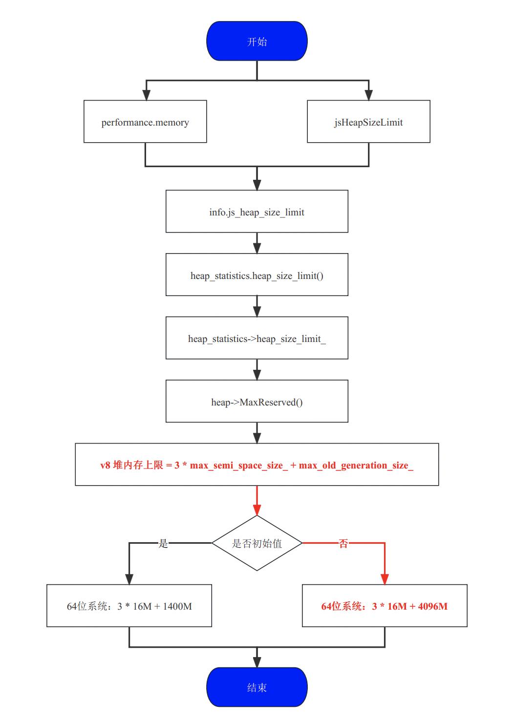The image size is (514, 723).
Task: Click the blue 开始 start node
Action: pos(257,42)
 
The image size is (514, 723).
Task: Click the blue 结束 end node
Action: pos(257,687)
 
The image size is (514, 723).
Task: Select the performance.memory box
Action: pos(145,122)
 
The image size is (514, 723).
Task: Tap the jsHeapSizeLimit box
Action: pos(368,122)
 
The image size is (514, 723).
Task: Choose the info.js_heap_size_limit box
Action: pos(257,212)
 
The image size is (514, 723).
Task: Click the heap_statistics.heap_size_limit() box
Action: pos(257,275)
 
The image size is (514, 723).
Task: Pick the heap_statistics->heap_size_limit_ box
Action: pos(257,339)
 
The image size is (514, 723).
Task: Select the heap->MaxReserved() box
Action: pos(257,402)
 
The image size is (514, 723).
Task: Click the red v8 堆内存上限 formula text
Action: pos(257,465)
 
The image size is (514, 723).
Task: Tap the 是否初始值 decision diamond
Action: pos(257,543)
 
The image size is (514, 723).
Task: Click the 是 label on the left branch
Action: pos(163,543)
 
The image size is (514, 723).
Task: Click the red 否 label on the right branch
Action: pos(343,543)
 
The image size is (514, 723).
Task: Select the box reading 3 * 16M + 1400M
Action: pos(129,606)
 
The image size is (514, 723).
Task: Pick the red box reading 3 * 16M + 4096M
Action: pos(385,606)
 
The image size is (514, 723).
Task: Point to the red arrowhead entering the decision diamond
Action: pos(257,510)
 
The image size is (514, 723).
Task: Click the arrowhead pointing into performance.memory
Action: pos(145,95)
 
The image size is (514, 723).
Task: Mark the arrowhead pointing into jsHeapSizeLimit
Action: pos(368,95)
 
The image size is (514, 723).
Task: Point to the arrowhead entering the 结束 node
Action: pos(257,661)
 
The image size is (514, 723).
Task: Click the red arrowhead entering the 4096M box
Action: pos(385,579)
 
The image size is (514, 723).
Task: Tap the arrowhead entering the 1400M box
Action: pos(129,579)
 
